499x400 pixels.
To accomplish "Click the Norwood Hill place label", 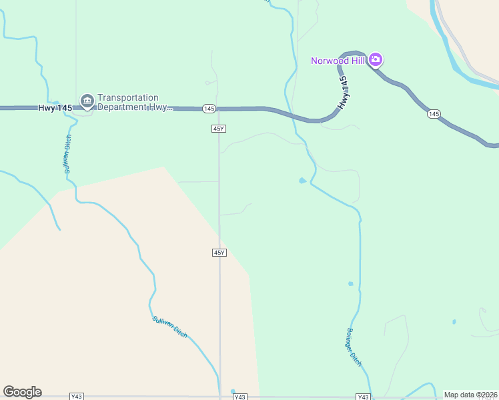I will pyautogui.click(x=340, y=61).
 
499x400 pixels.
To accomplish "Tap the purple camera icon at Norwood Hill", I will pyautogui.click(x=376, y=61).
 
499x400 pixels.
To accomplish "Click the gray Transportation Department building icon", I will pyautogui.click(x=87, y=101).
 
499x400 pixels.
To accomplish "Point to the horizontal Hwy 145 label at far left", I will pyautogui.click(x=55, y=107).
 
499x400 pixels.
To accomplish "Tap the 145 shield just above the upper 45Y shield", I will pyautogui.click(x=209, y=108).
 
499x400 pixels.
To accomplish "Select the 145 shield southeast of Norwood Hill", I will pyautogui.click(x=434, y=115).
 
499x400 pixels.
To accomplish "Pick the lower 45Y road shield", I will pyautogui.click(x=219, y=253).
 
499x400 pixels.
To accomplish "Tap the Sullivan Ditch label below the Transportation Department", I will pyautogui.click(x=67, y=155).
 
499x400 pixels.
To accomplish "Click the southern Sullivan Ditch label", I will pyautogui.click(x=169, y=327).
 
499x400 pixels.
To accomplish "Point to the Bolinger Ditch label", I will pyautogui.click(x=354, y=347).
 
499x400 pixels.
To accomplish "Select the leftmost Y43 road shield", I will pyautogui.click(x=77, y=397).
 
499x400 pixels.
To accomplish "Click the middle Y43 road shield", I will pyautogui.click(x=240, y=397).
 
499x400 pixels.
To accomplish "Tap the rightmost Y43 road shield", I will pyautogui.click(x=363, y=397).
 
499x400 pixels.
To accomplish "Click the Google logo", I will pyautogui.click(x=22, y=392).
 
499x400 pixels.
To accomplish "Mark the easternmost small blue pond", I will pyautogui.click(x=454, y=322).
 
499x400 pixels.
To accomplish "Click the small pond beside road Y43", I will pyautogui.click(x=233, y=391).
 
